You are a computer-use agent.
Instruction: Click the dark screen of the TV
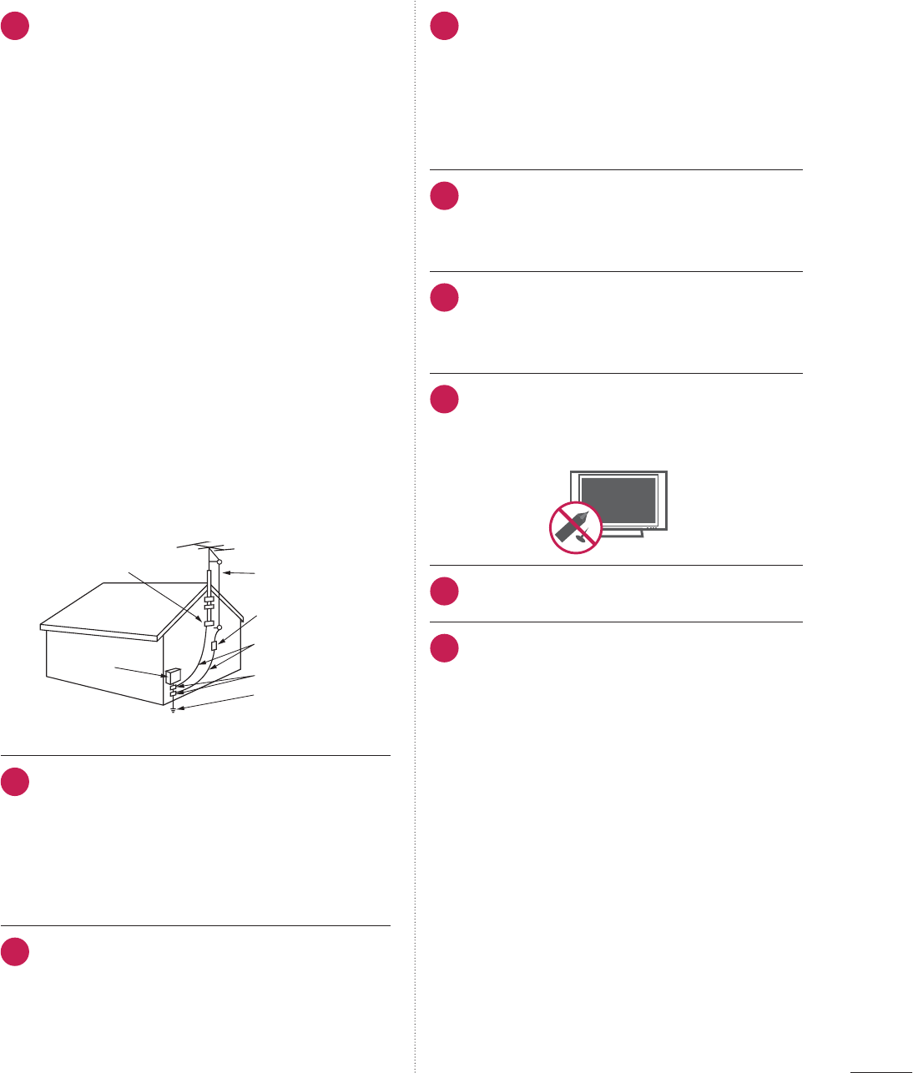tap(618, 501)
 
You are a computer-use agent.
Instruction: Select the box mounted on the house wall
tap(174, 674)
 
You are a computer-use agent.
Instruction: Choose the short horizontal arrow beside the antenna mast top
tap(242, 572)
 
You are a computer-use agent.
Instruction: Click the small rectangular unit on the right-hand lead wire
tap(214, 646)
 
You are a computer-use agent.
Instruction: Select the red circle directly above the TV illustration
tap(445, 399)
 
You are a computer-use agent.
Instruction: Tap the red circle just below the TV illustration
tap(445, 592)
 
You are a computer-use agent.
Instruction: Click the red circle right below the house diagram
tap(15, 782)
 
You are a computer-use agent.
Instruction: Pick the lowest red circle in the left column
tap(15, 952)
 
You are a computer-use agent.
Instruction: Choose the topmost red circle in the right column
tap(445, 26)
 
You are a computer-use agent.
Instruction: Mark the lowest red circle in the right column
tap(445, 648)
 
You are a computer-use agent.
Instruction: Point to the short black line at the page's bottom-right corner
tap(880, 1067)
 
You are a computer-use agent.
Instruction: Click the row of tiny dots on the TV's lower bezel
tap(652, 527)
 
